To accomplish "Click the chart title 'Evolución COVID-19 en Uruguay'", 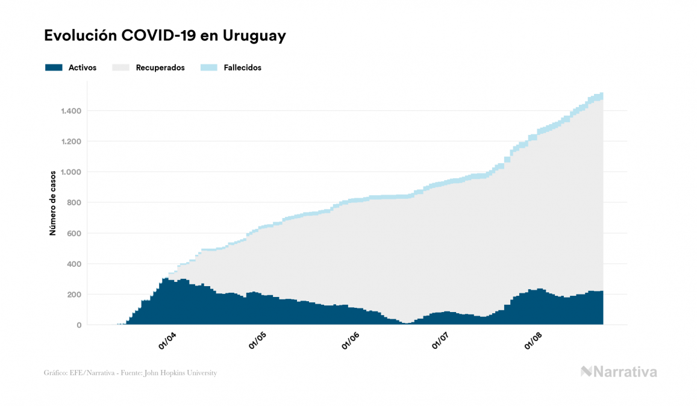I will coord(164,36).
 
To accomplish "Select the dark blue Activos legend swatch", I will coord(54,67).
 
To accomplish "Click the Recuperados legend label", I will coord(160,67).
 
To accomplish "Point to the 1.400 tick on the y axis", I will coord(70,111).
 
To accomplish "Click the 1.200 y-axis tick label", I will coord(70,142).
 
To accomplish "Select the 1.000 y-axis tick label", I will coord(70,172).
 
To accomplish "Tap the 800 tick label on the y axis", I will coord(74,203).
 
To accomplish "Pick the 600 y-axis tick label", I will coord(74,234).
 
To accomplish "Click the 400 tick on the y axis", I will coord(74,264).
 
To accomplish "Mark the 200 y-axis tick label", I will coord(74,295).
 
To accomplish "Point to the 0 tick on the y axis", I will coord(79,325).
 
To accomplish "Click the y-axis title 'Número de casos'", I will coord(52,203).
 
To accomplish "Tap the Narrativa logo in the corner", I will coord(619,372).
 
